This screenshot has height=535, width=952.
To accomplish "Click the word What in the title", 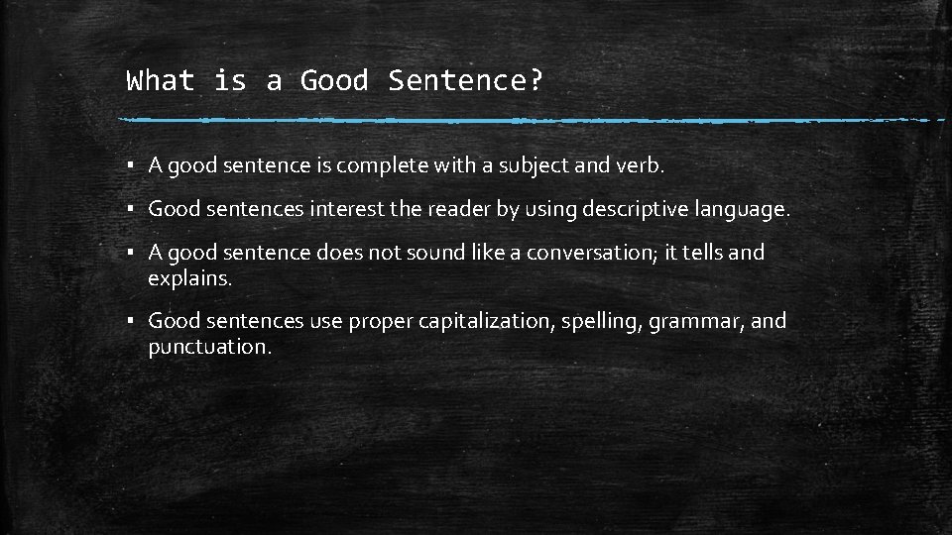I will [162, 80].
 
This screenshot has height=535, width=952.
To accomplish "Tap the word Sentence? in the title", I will [466, 80].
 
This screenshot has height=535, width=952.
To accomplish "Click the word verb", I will [644, 166].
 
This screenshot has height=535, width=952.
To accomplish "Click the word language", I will [740, 210].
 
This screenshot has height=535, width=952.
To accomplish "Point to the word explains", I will [189, 278].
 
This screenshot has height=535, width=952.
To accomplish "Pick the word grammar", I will [692, 321].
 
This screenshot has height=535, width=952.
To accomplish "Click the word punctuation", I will [209, 347].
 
